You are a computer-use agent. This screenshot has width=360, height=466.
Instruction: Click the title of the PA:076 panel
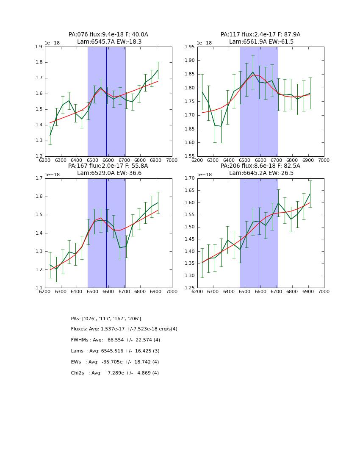[x=108, y=38]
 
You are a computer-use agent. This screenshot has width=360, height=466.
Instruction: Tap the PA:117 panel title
[x=260, y=38]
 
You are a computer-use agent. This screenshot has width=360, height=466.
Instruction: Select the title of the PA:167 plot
[x=108, y=169]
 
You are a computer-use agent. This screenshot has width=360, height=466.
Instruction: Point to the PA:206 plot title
[x=260, y=169]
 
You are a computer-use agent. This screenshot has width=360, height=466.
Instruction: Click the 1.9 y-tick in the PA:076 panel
[x=39, y=47]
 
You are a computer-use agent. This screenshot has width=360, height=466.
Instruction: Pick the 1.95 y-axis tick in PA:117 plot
[x=189, y=47]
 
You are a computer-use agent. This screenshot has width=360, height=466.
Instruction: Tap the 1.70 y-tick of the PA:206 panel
[x=189, y=178]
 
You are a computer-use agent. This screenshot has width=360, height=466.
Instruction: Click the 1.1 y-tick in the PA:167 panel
[x=39, y=288]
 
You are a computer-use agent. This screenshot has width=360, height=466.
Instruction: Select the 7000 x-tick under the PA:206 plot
[x=324, y=291]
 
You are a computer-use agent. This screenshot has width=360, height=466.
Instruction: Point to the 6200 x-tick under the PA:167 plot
[x=45, y=291]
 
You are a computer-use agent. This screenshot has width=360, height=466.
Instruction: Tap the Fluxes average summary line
[x=124, y=329]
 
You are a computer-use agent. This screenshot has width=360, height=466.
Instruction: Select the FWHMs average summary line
[x=116, y=340]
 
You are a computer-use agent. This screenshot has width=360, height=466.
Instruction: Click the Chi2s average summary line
[x=115, y=373]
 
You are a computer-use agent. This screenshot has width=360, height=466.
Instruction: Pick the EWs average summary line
[x=115, y=362]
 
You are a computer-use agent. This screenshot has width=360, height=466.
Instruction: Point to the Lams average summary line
[x=115, y=351]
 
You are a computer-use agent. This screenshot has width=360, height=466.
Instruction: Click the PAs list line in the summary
[x=106, y=319]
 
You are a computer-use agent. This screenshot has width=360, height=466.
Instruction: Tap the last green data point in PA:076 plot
[x=158, y=70]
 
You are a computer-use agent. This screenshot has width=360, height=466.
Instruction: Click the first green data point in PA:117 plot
[x=202, y=92]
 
